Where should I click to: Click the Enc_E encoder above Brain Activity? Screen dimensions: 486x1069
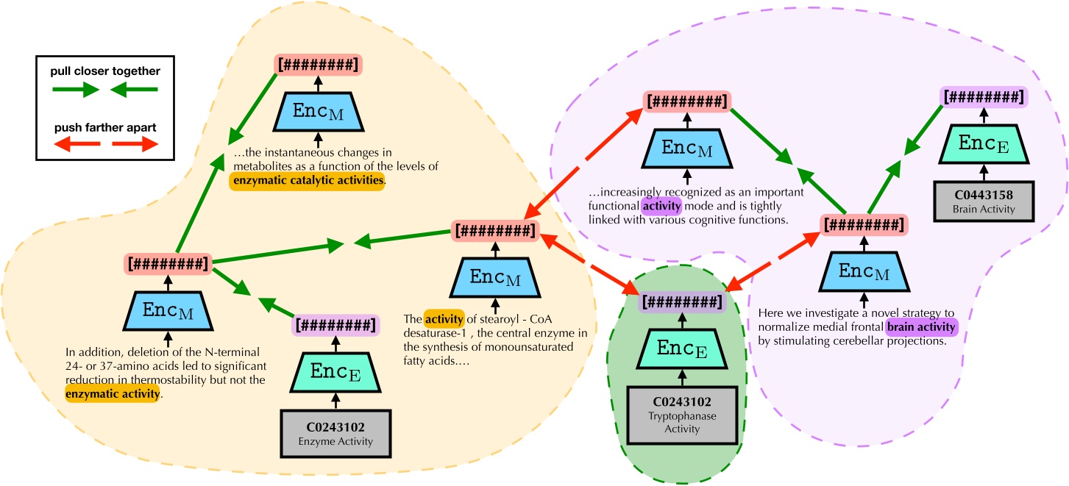click(983, 146)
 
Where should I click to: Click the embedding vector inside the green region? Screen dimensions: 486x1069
click(682, 301)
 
